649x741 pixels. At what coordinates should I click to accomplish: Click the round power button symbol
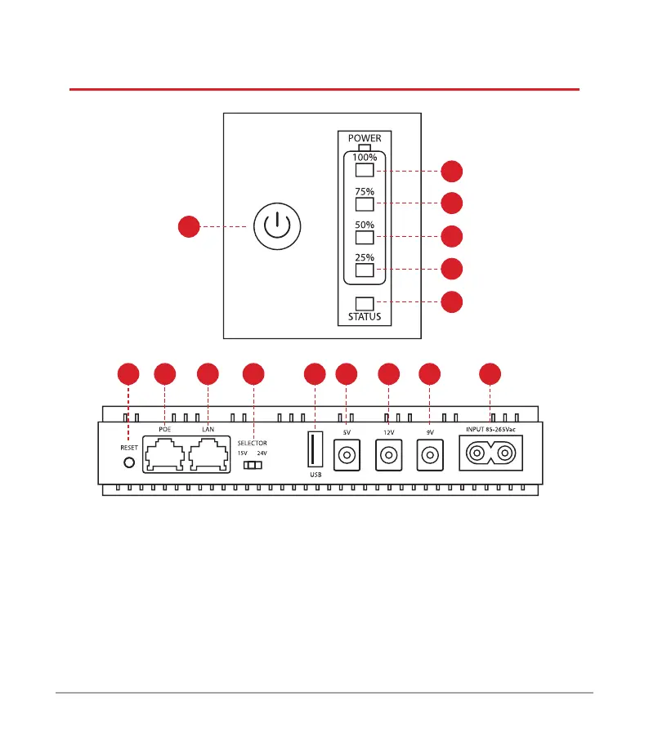278,225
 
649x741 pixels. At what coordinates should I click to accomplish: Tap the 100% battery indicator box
365,171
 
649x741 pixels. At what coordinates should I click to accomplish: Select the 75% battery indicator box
365,203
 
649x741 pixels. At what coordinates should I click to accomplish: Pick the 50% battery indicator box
365,237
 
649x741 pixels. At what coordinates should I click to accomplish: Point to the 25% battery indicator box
365,270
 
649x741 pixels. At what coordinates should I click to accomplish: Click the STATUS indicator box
365,302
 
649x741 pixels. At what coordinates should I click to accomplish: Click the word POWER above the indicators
365,138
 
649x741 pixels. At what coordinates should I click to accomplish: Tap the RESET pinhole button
128,462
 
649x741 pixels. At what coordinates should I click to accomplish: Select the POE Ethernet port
164,454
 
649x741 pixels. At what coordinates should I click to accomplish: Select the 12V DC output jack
388,454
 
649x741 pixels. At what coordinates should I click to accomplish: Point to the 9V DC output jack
429,454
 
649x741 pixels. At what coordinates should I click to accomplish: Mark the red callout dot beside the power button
189,226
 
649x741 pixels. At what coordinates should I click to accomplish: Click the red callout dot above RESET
128,374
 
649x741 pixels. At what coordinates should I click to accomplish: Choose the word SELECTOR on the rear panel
253,443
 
